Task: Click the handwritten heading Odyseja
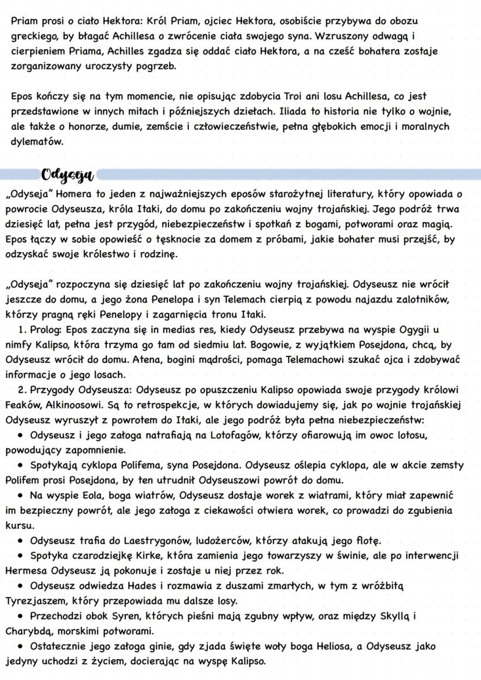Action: (69, 174)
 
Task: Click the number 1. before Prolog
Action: (21, 329)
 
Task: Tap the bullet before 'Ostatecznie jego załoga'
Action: (20, 646)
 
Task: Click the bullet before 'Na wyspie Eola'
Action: (20, 495)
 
